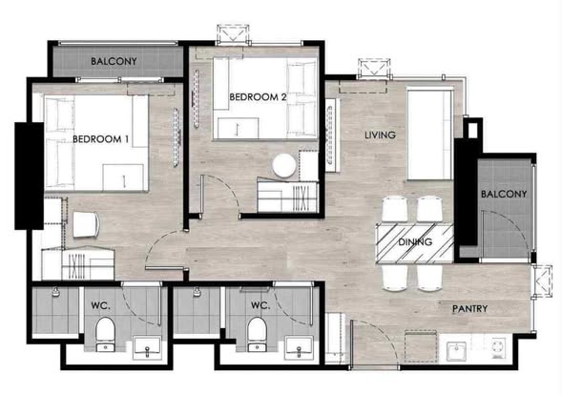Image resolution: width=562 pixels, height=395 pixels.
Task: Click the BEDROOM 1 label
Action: [100, 139]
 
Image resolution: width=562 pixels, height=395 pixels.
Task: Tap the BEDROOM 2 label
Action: [258, 96]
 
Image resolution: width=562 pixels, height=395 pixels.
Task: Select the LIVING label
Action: [381, 135]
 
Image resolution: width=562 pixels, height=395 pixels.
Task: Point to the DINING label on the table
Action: [415, 242]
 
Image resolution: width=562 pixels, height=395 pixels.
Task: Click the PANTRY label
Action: [469, 308]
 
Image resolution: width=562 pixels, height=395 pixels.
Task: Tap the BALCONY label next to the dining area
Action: [504, 194]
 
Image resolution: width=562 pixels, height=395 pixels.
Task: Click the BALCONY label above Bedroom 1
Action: [114, 61]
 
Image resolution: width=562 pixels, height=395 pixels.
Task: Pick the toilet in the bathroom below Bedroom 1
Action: [105, 334]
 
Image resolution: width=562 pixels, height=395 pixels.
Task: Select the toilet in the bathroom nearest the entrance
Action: [257, 334]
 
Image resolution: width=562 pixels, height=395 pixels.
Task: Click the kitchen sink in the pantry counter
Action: [456, 351]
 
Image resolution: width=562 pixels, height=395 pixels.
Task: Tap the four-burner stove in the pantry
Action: [499, 347]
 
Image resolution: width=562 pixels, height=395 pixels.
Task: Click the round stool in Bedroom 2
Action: [284, 166]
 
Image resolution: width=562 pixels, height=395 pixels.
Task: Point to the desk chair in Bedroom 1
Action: [86, 224]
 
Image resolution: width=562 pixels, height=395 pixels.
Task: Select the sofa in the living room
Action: [430, 135]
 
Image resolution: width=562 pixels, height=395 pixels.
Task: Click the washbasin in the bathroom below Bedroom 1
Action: [147, 347]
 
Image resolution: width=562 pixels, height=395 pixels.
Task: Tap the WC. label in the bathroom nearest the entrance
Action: [260, 305]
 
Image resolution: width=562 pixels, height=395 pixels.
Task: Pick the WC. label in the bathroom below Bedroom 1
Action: [101, 305]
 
